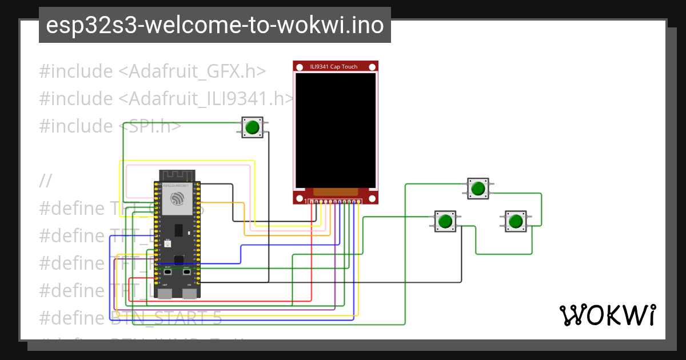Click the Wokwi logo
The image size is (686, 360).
pos(608,315)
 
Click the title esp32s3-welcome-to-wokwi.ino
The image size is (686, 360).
pos(214,25)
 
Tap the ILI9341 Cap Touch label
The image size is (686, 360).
pos(333,67)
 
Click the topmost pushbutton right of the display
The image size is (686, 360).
pos(478,188)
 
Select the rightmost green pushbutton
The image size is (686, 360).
pos(516,221)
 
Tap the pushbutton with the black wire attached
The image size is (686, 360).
pos(446,221)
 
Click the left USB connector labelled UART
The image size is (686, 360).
pos(165,294)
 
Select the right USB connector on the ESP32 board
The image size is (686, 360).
pos(189,294)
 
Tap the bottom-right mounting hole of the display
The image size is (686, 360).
pos(372,198)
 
